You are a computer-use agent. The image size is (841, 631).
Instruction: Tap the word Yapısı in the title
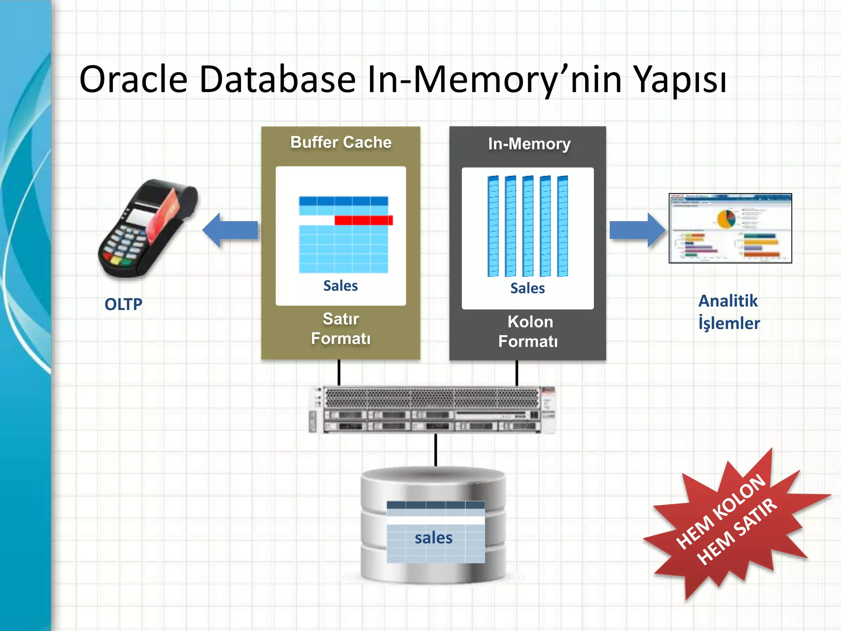point(680,81)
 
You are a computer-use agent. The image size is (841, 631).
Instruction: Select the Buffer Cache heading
point(341,143)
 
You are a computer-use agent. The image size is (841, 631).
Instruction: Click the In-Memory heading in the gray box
point(529,144)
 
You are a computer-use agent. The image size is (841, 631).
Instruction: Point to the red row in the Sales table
point(363,221)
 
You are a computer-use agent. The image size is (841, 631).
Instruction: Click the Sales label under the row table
point(340,286)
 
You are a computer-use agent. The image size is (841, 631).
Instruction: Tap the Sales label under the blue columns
point(527,288)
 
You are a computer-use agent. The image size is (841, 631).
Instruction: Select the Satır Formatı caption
point(341,329)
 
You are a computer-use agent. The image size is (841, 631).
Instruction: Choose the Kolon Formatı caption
point(528,332)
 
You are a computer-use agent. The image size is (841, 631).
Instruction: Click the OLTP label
point(123,304)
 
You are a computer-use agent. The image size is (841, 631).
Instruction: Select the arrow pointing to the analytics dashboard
point(637,230)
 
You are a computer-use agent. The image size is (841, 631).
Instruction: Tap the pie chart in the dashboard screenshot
point(726,219)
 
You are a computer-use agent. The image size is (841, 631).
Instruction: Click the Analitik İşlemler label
point(729,312)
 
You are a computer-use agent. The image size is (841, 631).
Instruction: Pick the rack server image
point(432,410)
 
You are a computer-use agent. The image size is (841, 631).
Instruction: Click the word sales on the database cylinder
point(434,538)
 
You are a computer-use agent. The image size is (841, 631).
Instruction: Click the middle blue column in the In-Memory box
point(528,226)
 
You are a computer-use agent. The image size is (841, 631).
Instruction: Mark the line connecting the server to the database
point(436,450)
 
